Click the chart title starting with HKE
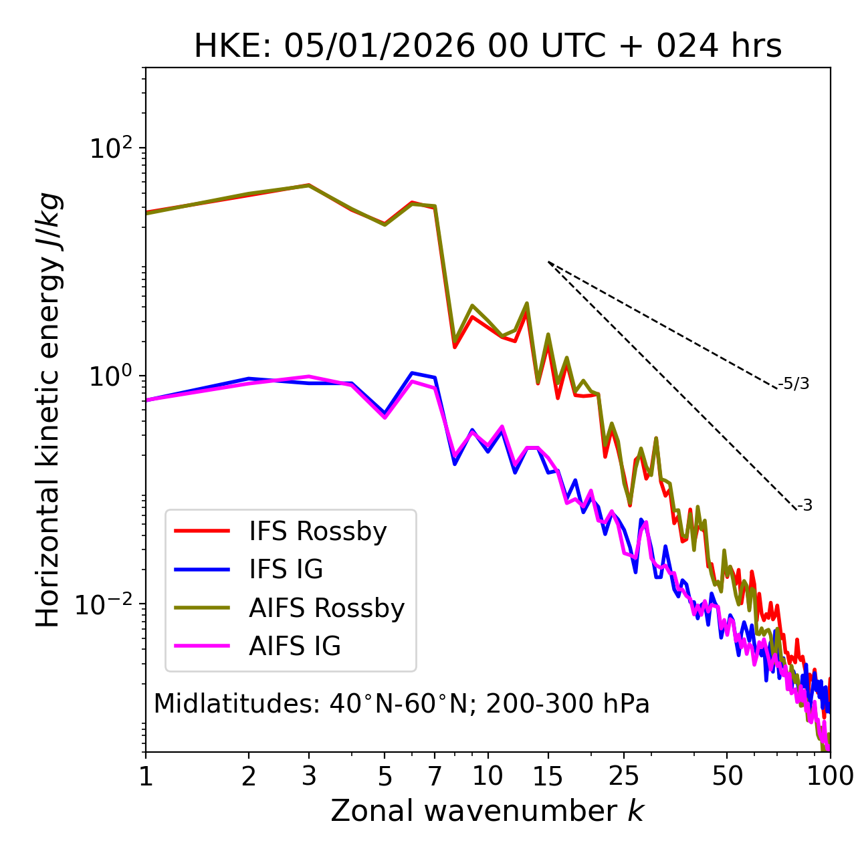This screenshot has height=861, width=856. [488, 47]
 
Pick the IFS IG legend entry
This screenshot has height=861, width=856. [286, 570]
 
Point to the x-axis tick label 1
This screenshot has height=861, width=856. [146, 776]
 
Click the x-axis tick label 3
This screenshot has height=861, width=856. [309, 776]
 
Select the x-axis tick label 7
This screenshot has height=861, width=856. [435, 776]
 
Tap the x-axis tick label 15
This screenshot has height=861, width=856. [548, 776]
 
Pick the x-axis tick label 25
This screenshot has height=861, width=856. [624, 776]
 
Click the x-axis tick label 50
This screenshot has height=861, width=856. [727, 776]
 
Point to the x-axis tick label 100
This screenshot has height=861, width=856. [830, 776]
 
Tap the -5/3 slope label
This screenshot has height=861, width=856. [794, 384]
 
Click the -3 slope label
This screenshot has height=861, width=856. [805, 505]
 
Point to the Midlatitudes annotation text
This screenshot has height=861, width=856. [401, 704]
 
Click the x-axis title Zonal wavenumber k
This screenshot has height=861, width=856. [488, 811]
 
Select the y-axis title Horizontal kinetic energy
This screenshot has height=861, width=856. [49, 410]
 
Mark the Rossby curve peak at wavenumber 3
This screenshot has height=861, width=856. [309, 185]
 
